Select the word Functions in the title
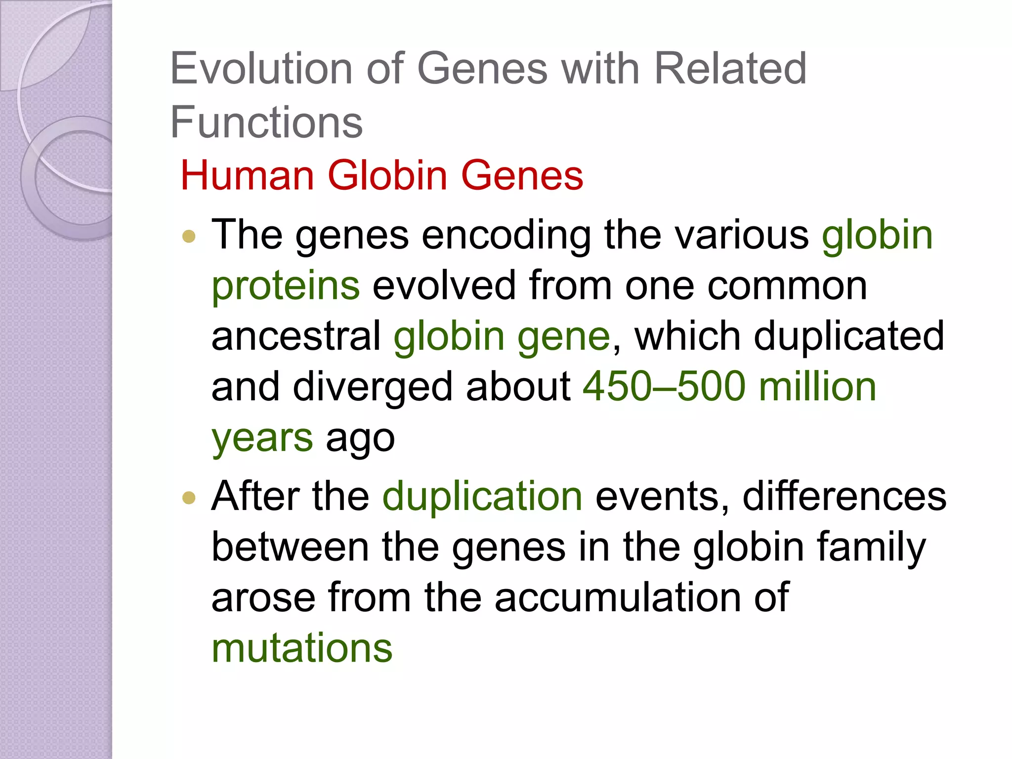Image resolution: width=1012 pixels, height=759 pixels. pyautogui.click(x=266, y=122)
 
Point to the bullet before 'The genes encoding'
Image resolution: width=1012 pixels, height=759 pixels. pyautogui.click(x=189, y=236)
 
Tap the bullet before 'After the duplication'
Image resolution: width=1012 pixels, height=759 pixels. pyautogui.click(x=189, y=498)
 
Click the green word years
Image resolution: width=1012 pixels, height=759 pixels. pyautogui.click(x=262, y=439)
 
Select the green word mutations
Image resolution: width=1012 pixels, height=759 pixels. pyautogui.click(x=302, y=648)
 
